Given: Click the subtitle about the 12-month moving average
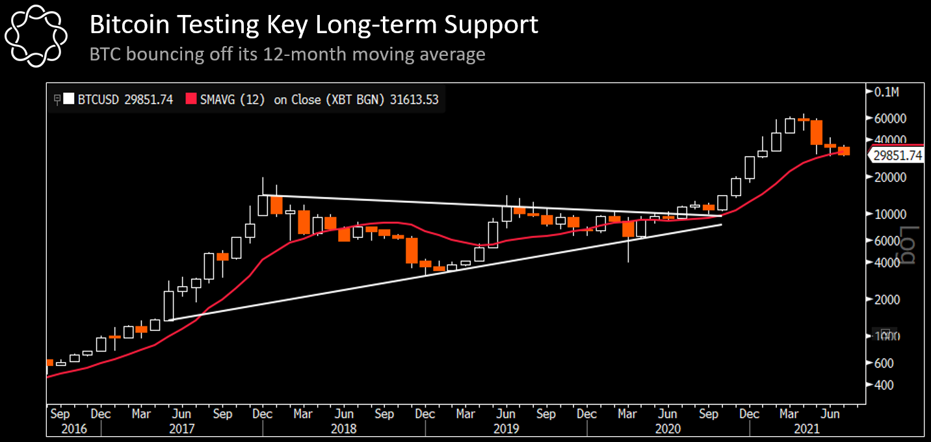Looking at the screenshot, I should point(287,53).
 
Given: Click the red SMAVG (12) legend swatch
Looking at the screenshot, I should point(192,99).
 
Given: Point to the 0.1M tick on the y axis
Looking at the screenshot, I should point(886,92).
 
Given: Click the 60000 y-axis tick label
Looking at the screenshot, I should point(891,119).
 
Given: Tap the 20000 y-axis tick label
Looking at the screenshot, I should point(891,177).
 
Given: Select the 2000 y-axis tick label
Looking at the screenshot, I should point(888,300).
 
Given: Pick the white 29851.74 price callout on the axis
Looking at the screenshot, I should point(898,155).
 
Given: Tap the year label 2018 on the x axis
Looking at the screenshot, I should point(344,429).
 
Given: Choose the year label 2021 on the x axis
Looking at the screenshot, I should point(806,429).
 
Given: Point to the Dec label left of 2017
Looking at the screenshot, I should point(101,413).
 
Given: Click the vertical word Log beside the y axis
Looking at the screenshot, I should point(908,245).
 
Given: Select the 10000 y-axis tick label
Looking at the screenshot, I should point(891,214).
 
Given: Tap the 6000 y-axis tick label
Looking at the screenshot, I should point(888,240).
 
